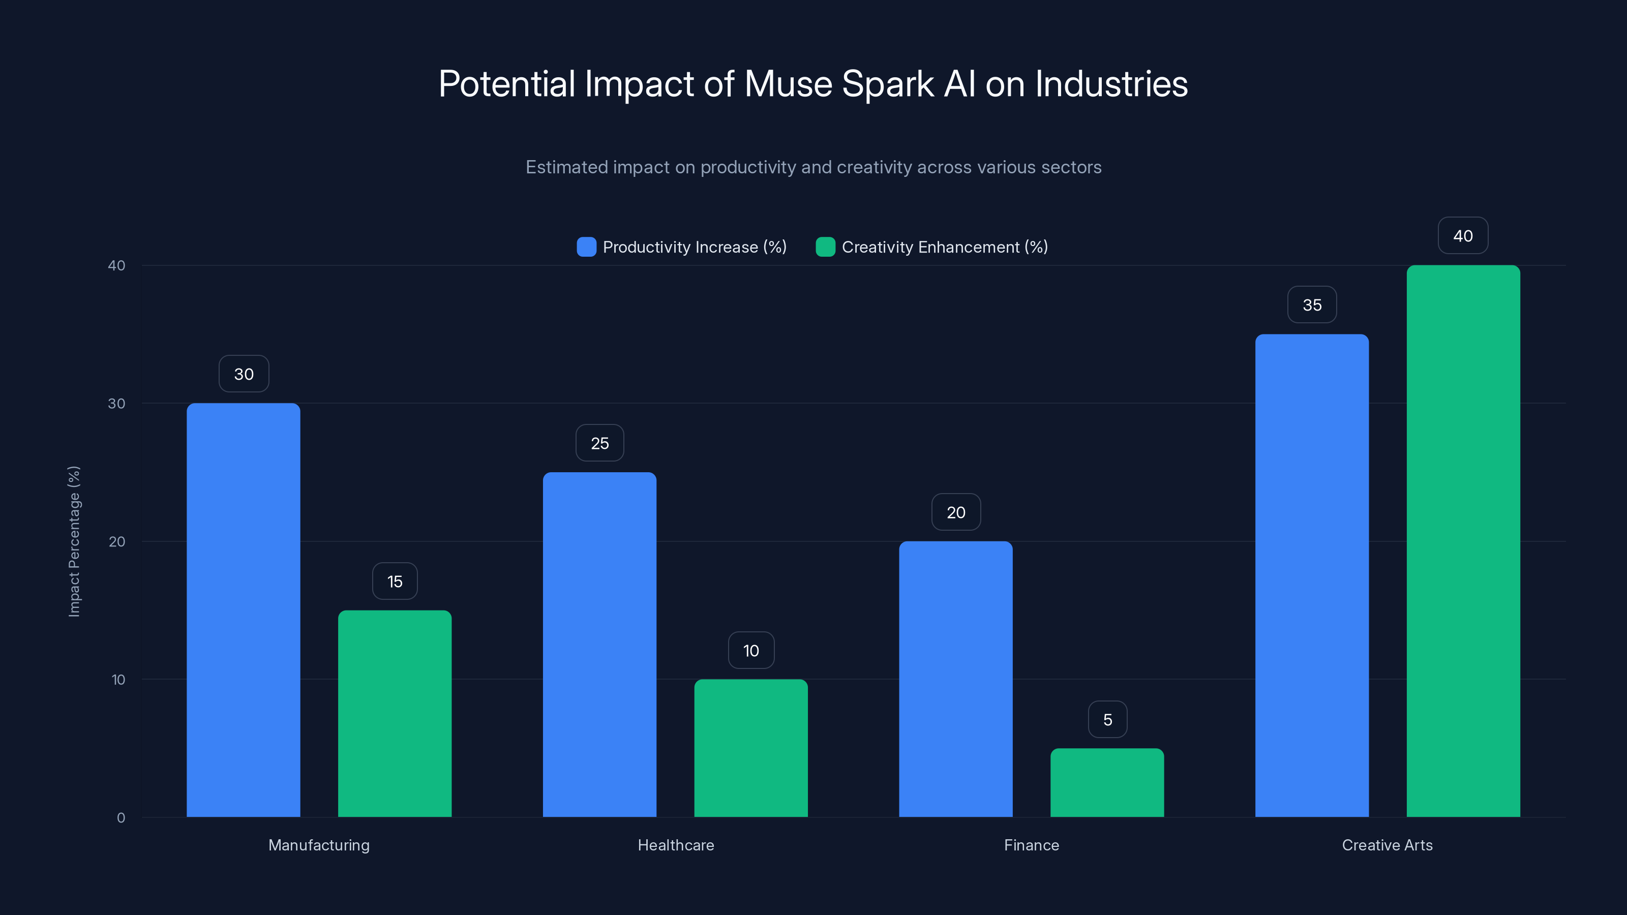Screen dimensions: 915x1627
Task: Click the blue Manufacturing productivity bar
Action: click(x=243, y=609)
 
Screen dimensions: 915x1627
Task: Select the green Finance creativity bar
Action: click(x=1106, y=782)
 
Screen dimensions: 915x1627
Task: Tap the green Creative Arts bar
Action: click(x=1463, y=540)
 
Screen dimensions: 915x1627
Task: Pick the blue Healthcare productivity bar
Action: click(x=599, y=644)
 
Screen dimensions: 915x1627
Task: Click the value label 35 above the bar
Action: click(x=1312, y=305)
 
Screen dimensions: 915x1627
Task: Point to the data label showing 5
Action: click(x=1107, y=719)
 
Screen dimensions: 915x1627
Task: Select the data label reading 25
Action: click(x=599, y=443)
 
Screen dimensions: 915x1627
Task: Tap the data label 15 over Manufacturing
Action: click(x=395, y=582)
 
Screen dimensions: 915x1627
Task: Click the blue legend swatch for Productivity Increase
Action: click(x=586, y=247)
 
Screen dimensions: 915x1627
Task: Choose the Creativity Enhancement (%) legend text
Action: click(x=944, y=247)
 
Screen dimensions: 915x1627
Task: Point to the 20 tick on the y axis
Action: click(x=117, y=542)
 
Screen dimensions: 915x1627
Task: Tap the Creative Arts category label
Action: click(x=1387, y=845)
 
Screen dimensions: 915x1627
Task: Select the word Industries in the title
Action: click(x=1111, y=84)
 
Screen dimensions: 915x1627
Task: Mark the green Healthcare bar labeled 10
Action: click(x=751, y=748)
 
